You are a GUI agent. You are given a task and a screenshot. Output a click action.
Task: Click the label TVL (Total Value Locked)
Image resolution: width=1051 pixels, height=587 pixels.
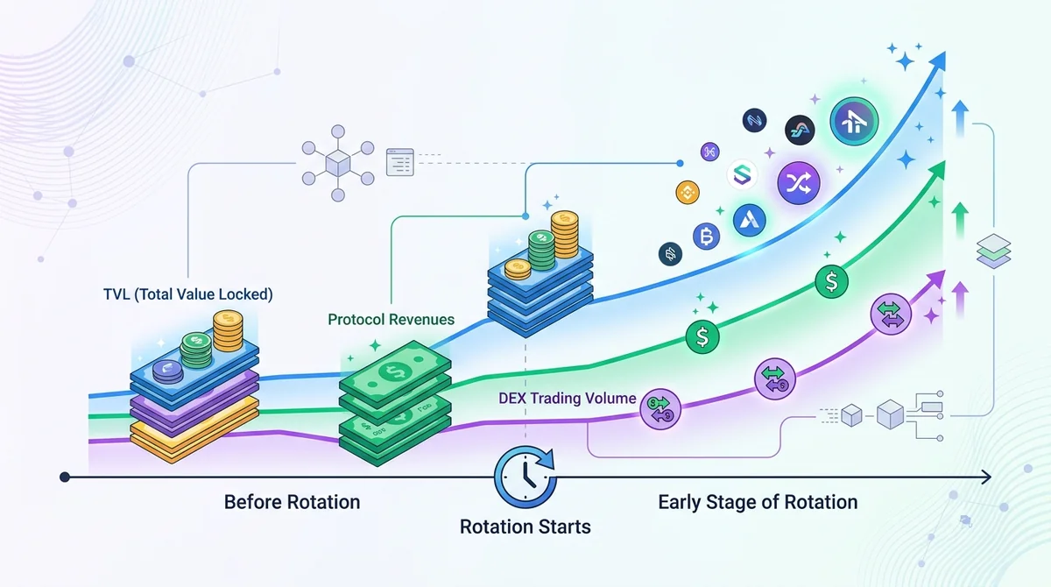(x=187, y=294)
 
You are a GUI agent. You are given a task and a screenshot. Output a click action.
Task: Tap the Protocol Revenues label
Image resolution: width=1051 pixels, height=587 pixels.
(x=391, y=320)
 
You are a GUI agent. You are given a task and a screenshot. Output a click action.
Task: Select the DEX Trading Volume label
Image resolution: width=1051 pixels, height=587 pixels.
(x=567, y=399)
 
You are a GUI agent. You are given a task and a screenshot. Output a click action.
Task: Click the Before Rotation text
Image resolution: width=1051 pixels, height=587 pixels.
(x=292, y=502)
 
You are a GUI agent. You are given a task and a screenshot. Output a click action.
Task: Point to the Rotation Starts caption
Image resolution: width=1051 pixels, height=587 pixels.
(x=525, y=527)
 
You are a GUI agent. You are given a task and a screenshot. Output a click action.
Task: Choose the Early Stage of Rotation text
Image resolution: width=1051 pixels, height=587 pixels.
(x=758, y=503)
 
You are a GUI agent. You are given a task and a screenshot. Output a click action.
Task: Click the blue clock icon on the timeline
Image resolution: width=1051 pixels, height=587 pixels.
(x=525, y=477)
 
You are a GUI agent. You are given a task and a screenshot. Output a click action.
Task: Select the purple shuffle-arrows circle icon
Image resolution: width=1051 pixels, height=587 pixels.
(x=799, y=182)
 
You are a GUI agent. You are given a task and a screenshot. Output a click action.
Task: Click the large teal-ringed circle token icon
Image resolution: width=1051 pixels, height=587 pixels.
(x=854, y=121)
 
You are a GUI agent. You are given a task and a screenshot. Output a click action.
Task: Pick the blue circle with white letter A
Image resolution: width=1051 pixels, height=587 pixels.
(x=750, y=220)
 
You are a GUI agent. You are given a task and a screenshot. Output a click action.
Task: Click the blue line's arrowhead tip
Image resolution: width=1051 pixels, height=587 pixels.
(x=944, y=52)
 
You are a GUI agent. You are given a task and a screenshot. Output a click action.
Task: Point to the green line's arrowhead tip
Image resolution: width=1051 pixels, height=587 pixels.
(x=944, y=161)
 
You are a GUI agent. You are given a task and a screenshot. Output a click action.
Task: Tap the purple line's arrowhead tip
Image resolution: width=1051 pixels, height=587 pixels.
(x=944, y=270)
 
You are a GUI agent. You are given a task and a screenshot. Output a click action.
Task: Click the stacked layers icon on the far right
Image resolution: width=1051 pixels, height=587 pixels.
(x=993, y=251)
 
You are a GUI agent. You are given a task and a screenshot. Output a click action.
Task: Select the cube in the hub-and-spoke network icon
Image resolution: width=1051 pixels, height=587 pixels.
(x=338, y=163)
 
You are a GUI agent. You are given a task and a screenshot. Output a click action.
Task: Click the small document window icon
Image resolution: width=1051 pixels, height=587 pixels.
(x=399, y=162)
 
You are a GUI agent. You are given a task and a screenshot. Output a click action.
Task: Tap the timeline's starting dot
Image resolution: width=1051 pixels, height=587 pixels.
(x=65, y=477)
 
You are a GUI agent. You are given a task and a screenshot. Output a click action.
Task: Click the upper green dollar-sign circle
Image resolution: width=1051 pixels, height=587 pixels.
(x=831, y=281)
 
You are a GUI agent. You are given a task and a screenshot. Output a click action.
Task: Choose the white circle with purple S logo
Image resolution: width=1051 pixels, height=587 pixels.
(x=742, y=174)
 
